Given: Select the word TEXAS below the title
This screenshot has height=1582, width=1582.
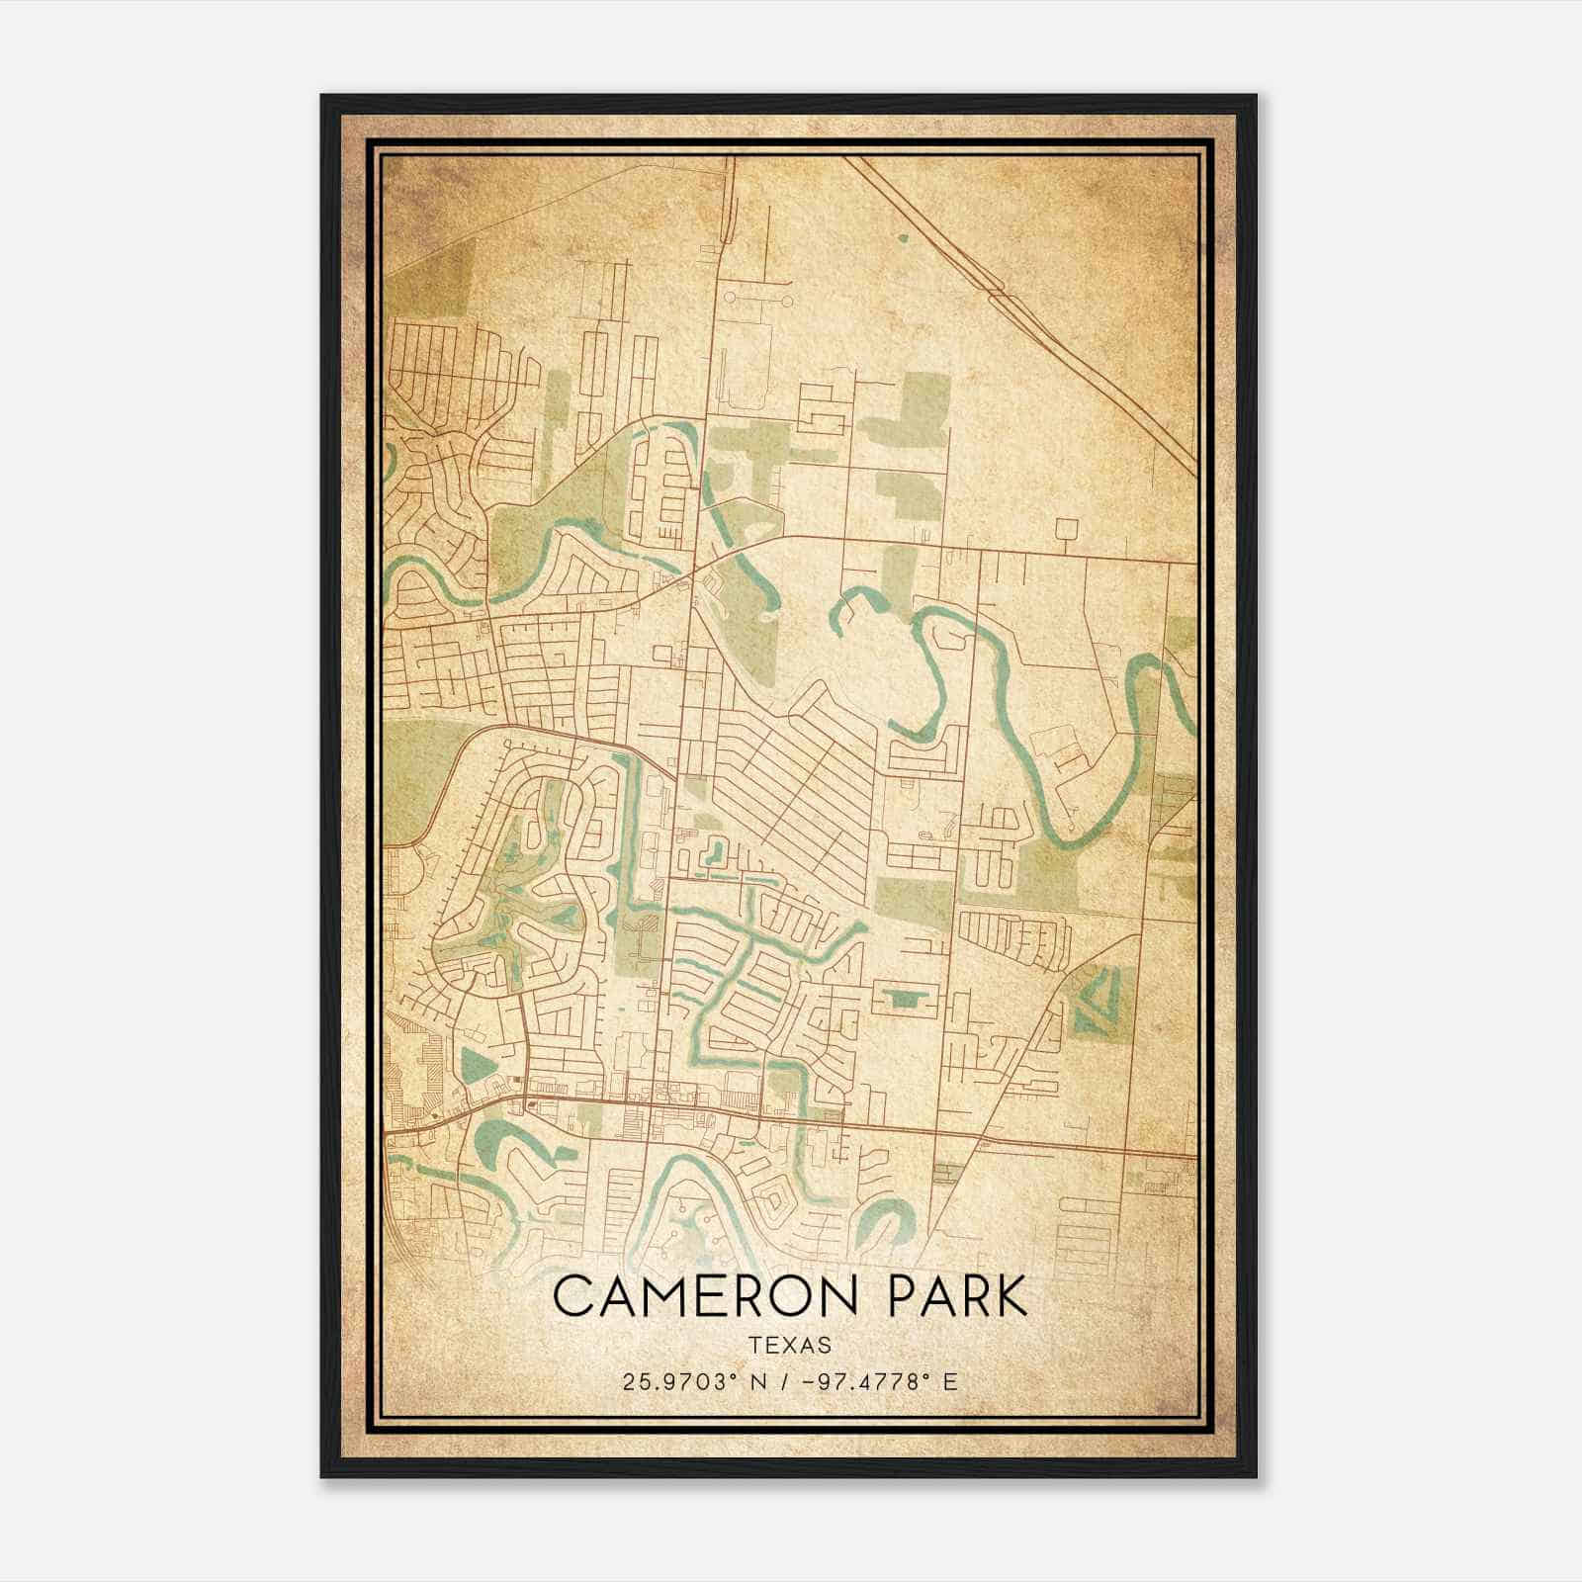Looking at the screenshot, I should (x=790, y=1345).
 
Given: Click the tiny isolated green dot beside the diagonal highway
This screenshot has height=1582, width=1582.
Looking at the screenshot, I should (x=902, y=238).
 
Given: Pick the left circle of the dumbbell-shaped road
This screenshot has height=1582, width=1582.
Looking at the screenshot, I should (x=731, y=296).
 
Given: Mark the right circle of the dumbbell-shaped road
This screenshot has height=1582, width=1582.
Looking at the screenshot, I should (x=787, y=296).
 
